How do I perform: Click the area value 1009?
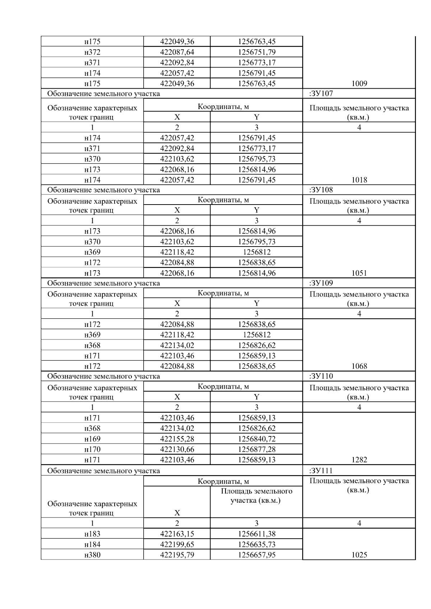pyautogui.click(x=359, y=84)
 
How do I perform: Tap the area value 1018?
pyautogui.click(x=359, y=180)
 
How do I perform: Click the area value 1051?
pyautogui.click(x=359, y=273)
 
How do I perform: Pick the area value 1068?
pyautogui.click(x=359, y=366)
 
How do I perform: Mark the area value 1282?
pyautogui.click(x=359, y=460)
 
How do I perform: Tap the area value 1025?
pyautogui.click(x=359, y=555)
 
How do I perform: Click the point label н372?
pyautogui.click(x=92, y=52)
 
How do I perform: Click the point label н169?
pyautogui.click(x=92, y=439)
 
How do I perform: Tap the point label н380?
pyautogui.click(x=92, y=555)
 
